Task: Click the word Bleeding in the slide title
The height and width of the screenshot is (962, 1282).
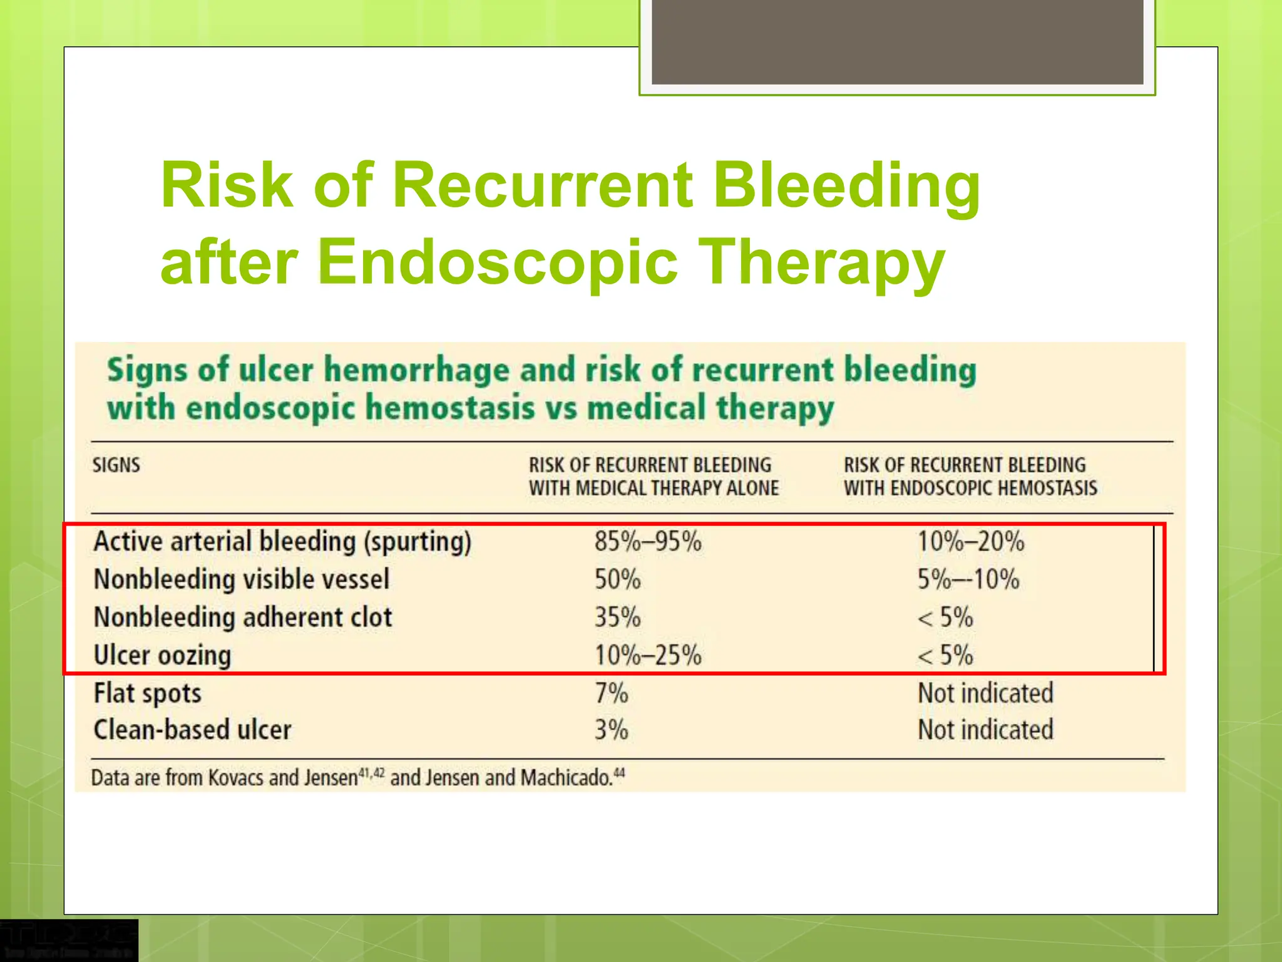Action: (846, 186)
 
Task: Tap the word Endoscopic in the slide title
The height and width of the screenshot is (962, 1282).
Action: (498, 262)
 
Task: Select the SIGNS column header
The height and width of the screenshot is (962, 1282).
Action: (116, 465)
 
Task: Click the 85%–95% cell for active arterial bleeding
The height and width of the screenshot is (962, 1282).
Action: (648, 542)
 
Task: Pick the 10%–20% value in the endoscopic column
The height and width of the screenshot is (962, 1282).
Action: (971, 542)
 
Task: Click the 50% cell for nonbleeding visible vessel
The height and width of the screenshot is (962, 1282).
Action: (617, 579)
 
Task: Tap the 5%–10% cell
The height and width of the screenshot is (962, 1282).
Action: (968, 579)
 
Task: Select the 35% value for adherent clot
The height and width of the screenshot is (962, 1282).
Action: (617, 618)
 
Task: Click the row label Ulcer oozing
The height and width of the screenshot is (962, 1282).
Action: (163, 656)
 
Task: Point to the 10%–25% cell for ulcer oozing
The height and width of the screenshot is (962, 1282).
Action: (648, 656)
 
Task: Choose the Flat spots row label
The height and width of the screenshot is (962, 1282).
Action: (148, 693)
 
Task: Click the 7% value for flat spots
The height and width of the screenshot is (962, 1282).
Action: (611, 693)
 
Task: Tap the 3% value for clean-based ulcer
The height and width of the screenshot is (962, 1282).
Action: (611, 730)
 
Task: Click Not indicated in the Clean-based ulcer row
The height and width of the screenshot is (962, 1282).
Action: (985, 730)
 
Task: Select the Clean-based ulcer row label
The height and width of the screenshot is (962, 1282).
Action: (193, 730)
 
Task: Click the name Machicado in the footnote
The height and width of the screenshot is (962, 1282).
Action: (566, 778)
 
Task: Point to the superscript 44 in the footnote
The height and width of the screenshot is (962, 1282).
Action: (619, 773)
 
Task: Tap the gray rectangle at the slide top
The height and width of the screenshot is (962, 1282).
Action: (897, 41)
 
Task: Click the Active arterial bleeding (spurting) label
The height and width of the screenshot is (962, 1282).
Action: (282, 542)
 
